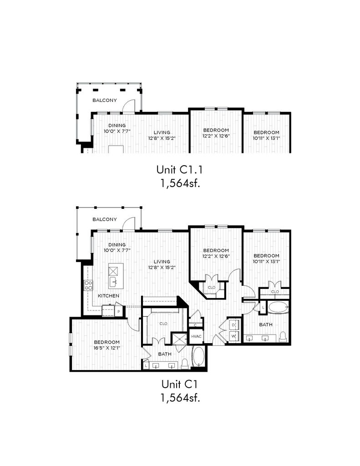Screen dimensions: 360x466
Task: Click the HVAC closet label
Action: point(196,336)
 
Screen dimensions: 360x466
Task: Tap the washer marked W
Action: point(234,336)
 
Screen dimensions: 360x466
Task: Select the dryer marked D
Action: point(234,325)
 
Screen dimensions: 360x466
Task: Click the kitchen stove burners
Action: point(89,285)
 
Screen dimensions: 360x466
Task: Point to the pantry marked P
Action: point(119,311)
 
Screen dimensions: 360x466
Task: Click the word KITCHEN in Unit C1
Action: point(108,296)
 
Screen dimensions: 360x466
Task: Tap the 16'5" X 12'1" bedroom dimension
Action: point(107,347)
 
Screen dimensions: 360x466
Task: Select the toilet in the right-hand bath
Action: point(283,337)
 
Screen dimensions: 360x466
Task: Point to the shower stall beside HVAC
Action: point(180,339)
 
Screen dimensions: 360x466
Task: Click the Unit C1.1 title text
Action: point(180,170)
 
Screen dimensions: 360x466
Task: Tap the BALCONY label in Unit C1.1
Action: point(105,100)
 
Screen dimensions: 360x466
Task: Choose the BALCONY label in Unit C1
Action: point(105,219)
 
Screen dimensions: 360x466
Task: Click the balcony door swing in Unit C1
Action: point(130,223)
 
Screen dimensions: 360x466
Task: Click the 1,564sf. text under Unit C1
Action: point(180,398)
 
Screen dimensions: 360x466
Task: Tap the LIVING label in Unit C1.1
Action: point(162,132)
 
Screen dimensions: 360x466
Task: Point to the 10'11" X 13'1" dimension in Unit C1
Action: point(266,262)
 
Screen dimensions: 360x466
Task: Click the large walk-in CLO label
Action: point(163,324)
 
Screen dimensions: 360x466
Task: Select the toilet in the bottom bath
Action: point(185,364)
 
